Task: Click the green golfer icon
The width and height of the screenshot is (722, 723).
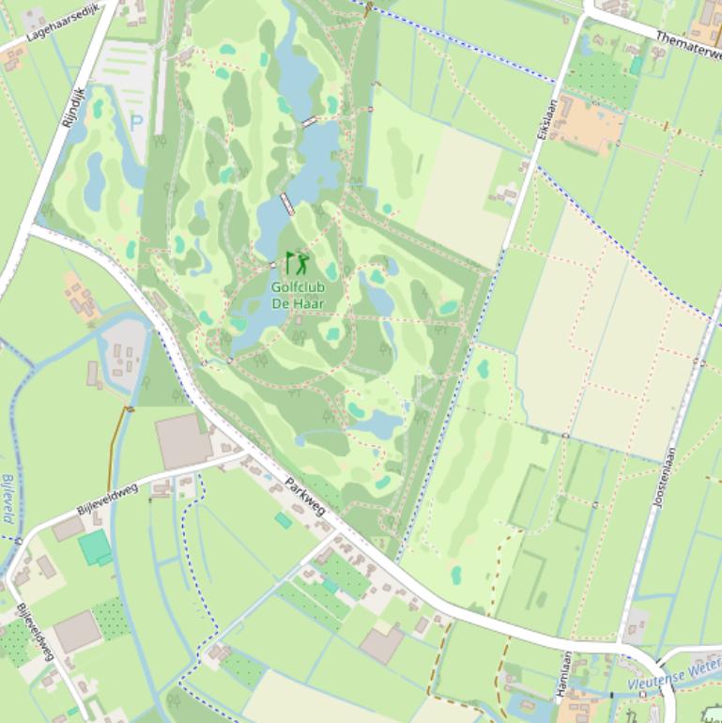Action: pyautogui.click(x=297, y=263)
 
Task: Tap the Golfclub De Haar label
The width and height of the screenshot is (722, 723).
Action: pyautogui.click(x=297, y=296)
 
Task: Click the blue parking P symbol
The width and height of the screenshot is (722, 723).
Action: pyautogui.click(x=136, y=121)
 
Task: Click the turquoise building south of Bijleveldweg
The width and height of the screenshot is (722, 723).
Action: pyautogui.click(x=94, y=546)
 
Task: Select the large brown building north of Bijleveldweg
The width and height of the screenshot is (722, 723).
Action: pyautogui.click(x=183, y=440)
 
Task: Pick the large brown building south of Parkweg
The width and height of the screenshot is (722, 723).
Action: pyautogui.click(x=381, y=644)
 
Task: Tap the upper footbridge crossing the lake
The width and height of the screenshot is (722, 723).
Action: pyautogui.click(x=309, y=121)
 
